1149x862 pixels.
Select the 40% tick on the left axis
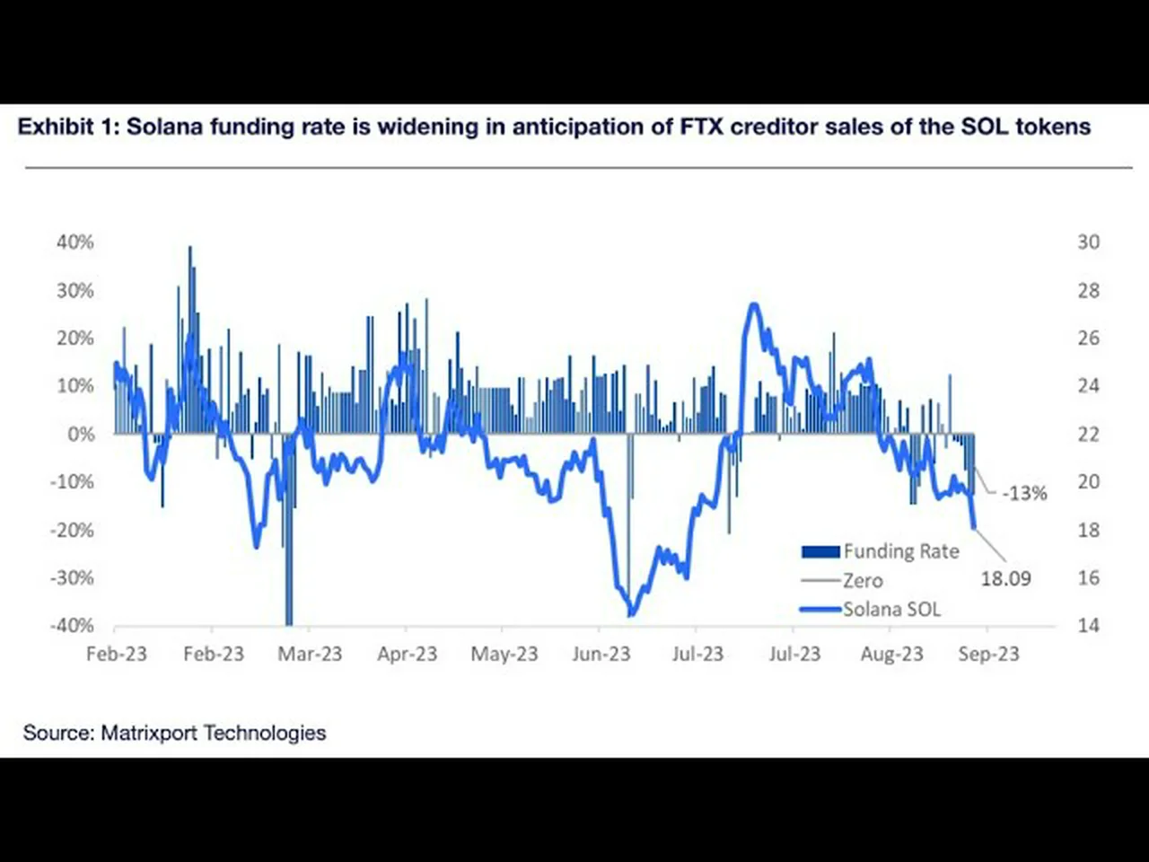pyautogui.click(x=75, y=242)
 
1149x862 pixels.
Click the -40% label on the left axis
pyautogui.click(x=72, y=626)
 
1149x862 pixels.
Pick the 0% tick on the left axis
pyautogui.click(x=80, y=435)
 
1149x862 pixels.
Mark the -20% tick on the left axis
pyautogui.click(x=72, y=530)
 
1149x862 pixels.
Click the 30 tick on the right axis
pyautogui.click(x=1088, y=242)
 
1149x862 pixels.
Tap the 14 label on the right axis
pyautogui.click(x=1088, y=626)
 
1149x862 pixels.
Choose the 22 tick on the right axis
pyautogui.click(x=1088, y=435)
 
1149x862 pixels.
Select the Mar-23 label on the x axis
pyautogui.click(x=310, y=655)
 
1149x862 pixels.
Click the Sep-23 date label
pyautogui.click(x=988, y=655)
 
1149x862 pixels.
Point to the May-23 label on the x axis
pyautogui.click(x=504, y=655)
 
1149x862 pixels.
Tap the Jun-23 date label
pyautogui.click(x=601, y=655)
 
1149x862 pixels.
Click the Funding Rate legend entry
pyautogui.click(x=900, y=551)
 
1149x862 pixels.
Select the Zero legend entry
pyautogui.click(x=863, y=581)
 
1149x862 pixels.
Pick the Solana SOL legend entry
pyautogui.click(x=891, y=610)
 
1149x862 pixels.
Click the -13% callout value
pyautogui.click(x=1024, y=494)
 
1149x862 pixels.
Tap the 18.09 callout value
pyautogui.click(x=1005, y=579)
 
